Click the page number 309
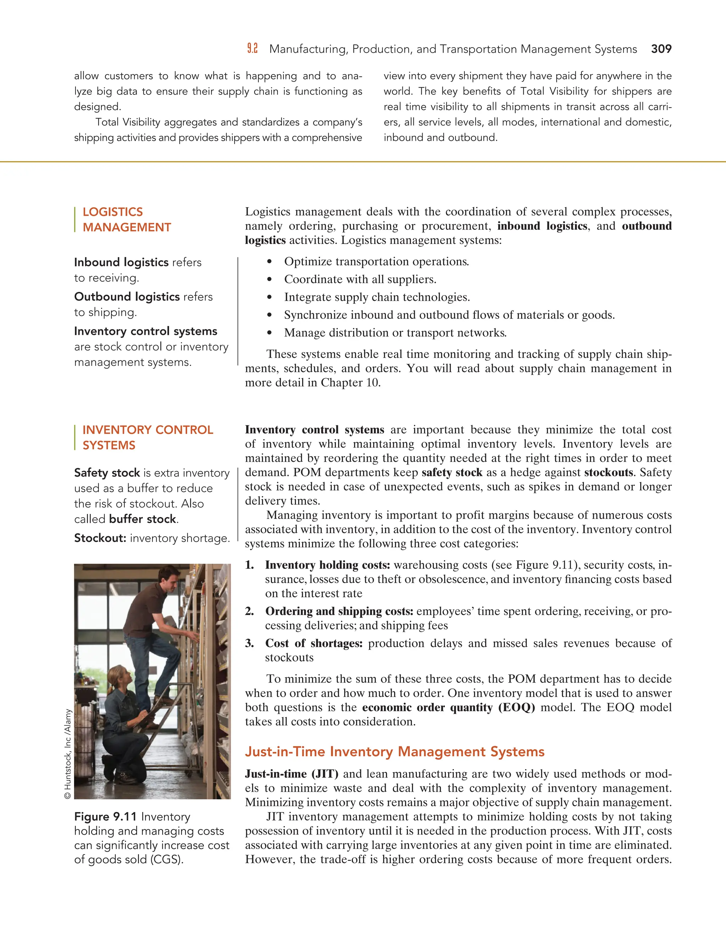point(661,49)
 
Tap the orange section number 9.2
point(252,49)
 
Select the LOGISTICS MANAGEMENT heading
point(127,220)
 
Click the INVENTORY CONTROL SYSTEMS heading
point(147,437)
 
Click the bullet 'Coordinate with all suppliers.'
point(360,279)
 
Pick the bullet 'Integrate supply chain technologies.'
point(377,297)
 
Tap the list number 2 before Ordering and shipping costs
point(250,611)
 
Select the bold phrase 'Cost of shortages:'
point(313,643)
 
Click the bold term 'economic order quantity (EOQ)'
point(448,707)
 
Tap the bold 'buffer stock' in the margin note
point(143,519)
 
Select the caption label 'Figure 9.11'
point(105,817)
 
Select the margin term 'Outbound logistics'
point(127,297)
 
